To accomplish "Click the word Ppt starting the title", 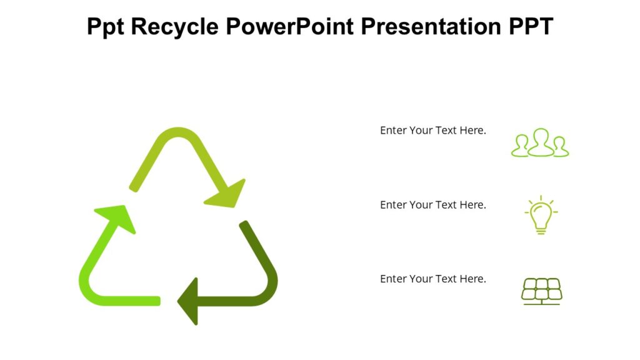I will [x=107, y=27].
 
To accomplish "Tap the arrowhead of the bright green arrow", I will [x=119, y=216].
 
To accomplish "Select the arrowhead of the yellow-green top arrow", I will [x=227, y=194].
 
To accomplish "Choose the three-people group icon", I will [x=540, y=144].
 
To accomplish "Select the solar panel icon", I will [x=541, y=291].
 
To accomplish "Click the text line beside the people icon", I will [x=432, y=131].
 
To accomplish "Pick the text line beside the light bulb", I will [x=432, y=205].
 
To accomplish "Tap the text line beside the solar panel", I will [x=432, y=279].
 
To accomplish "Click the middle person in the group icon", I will [x=541, y=142].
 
